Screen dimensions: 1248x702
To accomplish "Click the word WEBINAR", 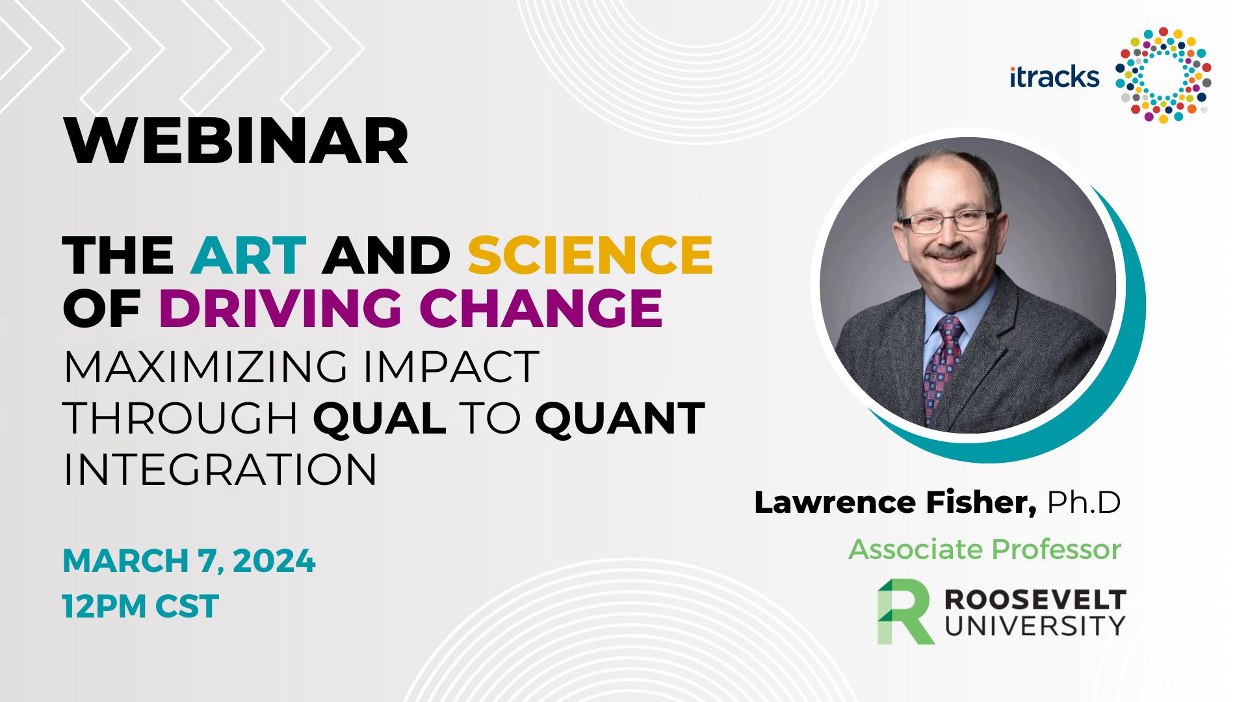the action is (237, 142).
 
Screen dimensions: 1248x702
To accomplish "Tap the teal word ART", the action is (248, 255).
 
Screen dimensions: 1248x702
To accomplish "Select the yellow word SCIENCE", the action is (590, 255).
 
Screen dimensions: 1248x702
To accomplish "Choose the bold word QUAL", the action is (380, 418).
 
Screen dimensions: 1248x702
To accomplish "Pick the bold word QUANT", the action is (620, 418).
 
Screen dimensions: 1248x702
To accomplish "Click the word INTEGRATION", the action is (220, 469).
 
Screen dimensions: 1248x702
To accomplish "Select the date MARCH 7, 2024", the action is (189, 561).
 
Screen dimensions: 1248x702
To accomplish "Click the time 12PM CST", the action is (140, 606).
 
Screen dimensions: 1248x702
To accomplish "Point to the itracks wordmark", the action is (1054, 77).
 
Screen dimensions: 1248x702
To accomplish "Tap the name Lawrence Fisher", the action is (896, 502).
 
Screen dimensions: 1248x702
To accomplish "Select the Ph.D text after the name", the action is (1084, 502).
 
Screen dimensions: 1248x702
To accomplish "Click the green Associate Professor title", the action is (985, 549).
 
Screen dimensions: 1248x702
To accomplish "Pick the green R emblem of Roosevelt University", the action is (905, 612).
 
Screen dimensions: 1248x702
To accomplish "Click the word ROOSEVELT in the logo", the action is (1035, 599).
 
